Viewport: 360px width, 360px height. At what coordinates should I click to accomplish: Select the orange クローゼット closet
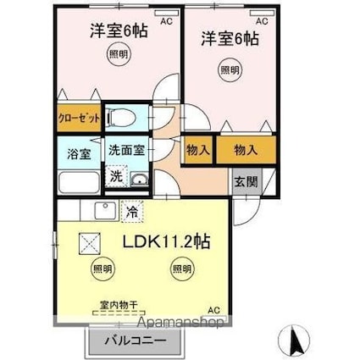pos(79,119)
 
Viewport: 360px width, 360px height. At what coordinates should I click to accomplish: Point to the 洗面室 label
pos(128,149)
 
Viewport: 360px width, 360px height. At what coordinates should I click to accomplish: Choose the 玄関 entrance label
pos(246,181)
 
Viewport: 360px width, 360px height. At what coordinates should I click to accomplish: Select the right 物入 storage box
pos(246,149)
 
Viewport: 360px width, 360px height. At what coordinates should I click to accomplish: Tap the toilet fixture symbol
pos(121,119)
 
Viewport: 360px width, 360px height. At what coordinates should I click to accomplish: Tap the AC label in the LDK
pos(214,309)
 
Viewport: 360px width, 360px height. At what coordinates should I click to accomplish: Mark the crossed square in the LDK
pos(89,243)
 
